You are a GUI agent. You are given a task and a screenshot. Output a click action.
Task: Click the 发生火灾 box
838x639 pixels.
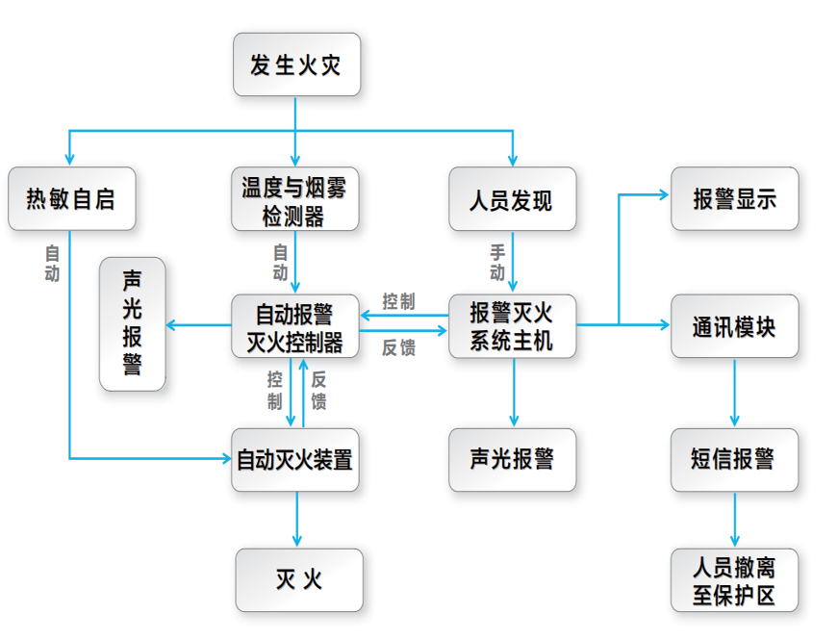[x=296, y=64]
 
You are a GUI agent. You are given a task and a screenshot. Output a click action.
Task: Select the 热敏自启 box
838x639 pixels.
[x=70, y=199]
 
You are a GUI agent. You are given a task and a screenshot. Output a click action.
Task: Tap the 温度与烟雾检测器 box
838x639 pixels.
[x=294, y=199]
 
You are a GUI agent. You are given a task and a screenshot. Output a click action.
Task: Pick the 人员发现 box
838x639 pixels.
[x=512, y=199]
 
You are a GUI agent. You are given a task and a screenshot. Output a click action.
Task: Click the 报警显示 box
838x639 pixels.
[x=734, y=199]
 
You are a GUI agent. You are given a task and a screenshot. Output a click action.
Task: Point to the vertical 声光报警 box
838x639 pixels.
[x=132, y=323]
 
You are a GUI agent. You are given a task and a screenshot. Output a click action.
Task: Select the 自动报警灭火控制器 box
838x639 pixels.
[x=294, y=326]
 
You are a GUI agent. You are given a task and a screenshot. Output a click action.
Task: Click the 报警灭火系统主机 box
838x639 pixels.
[x=512, y=326]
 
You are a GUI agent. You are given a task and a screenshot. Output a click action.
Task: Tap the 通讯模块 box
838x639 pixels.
[x=734, y=326]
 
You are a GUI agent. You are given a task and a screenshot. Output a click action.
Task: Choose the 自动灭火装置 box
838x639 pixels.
[x=294, y=459]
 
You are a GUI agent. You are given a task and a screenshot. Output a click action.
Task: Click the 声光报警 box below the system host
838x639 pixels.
[x=512, y=459]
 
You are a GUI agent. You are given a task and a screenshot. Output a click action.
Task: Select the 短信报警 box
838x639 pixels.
[x=734, y=459]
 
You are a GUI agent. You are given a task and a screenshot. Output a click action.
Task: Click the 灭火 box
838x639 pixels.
[x=299, y=579]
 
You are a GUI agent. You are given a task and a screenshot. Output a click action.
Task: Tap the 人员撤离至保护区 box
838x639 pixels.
[x=734, y=579]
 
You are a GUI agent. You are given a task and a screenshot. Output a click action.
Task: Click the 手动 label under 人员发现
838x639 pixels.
[x=497, y=263]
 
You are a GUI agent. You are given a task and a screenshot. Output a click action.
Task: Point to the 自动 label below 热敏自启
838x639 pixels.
[x=52, y=263]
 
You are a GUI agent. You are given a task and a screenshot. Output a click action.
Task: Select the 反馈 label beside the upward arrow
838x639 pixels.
[x=318, y=390]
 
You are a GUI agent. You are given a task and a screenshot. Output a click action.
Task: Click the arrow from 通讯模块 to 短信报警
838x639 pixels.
[x=734, y=393]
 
